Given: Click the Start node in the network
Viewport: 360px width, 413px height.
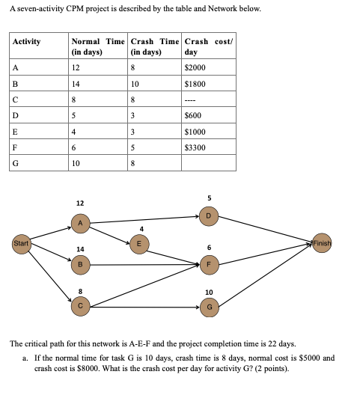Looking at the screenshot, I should pos(22,243).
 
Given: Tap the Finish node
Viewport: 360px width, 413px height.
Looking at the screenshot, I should pos(322,244).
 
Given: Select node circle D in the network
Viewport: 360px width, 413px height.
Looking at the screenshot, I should pos(210,217).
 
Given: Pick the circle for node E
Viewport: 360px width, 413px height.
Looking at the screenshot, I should pos(137,242).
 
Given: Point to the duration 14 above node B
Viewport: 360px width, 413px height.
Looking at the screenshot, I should pos(80,248).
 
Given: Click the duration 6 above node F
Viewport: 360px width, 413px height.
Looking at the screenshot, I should pos(210,248).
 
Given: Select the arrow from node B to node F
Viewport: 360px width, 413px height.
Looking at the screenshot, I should pos(142,263).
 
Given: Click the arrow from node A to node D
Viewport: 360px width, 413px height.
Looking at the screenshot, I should pos(142,219).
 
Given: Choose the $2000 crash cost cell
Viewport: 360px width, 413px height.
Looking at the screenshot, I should pos(195,68).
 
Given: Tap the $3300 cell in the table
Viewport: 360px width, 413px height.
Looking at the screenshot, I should pos(195,147).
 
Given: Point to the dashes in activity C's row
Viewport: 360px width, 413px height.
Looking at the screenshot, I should pos(191,100).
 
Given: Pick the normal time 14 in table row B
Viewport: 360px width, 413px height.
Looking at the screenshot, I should pos(76,84).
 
